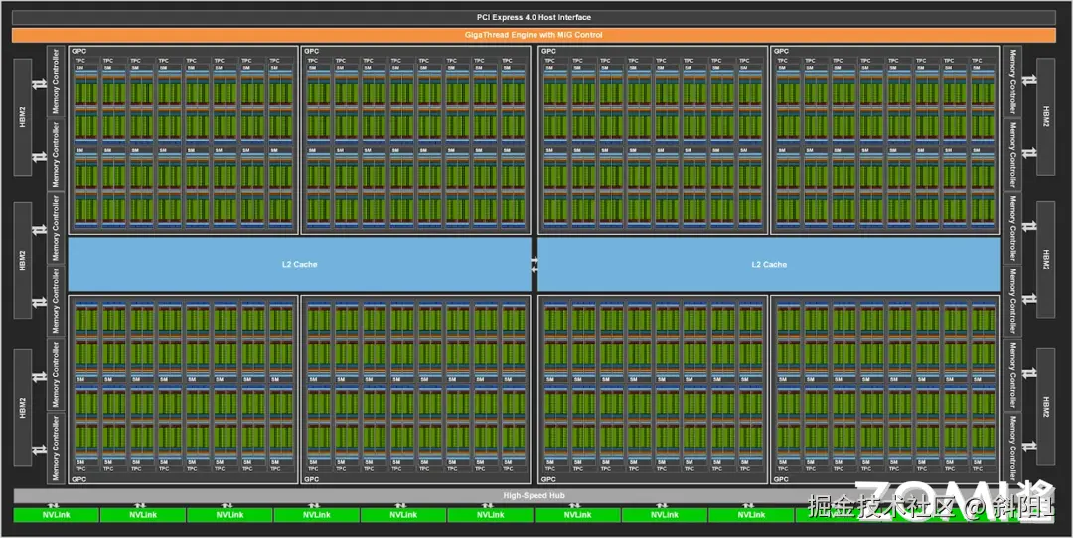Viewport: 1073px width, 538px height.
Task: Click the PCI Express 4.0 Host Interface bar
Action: [534, 17]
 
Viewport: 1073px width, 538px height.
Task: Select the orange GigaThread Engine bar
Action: [534, 35]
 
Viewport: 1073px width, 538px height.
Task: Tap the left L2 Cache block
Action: [299, 264]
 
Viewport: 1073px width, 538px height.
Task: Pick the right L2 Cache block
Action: [769, 264]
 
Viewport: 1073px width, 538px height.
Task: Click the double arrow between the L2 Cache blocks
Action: [535, 264]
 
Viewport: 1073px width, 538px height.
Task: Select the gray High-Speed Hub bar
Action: [534, 495]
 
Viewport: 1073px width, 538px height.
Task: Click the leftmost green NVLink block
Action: [56, 515]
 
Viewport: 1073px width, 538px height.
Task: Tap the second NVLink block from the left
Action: [143, 515]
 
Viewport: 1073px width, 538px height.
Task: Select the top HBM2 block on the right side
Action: [1044, 115]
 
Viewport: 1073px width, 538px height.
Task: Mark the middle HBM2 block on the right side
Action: [1044, 261]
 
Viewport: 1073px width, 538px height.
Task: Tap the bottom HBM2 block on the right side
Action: [1044, 407]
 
